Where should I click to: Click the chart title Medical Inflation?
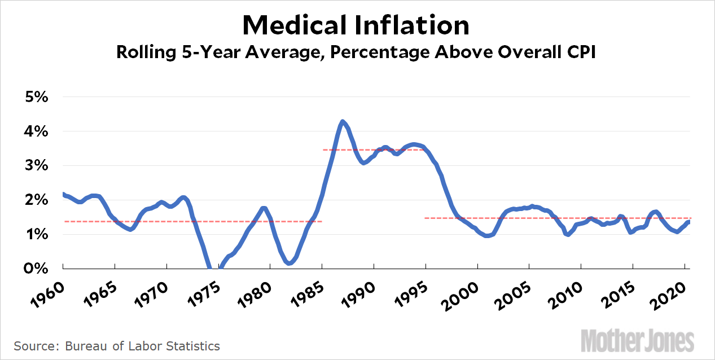tap(356, 25)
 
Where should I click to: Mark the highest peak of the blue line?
tap(342, 122)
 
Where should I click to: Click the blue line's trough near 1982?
tap(289, 262)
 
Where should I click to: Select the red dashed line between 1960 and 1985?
tap(192, 221)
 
